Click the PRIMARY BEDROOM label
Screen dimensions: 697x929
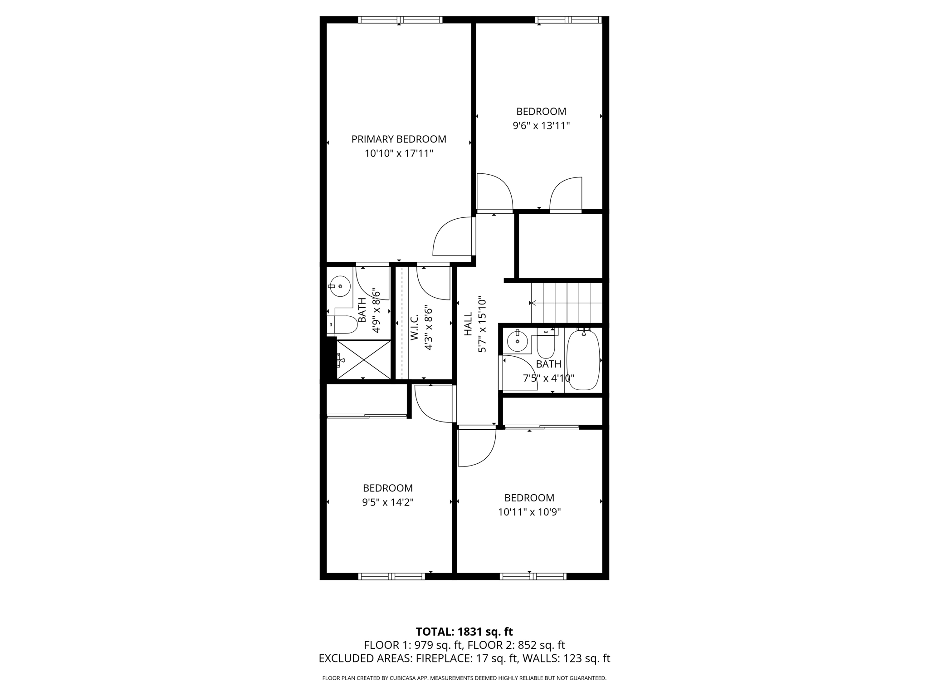pyautogui.click(x=399, y=139)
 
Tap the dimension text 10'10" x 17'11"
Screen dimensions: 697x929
pyautogui.click(x=399, y=154)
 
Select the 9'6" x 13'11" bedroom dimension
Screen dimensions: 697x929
pyautogui.click(x=541, y=126)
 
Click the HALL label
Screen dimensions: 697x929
pyautogui.click(x=468, y=324)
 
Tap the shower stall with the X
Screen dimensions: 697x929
pyautogui.click(x=363, y=359)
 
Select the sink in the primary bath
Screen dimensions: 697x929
pyautogui.click(x=339, y=286)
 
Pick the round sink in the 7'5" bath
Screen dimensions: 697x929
pyautogui.click(x=517, y=340)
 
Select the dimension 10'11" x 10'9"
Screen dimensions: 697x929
pyautogui.click(x=529, y=512)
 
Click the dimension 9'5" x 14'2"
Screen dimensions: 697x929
pyautogui.click(x=388, y=502)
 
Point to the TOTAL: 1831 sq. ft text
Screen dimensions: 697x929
pyautogui.click(x=464, y=632)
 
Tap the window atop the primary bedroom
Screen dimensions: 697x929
pyautogui.click(x=400, y=20)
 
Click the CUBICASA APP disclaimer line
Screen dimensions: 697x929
pyautogui.click(x=464, y=678)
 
